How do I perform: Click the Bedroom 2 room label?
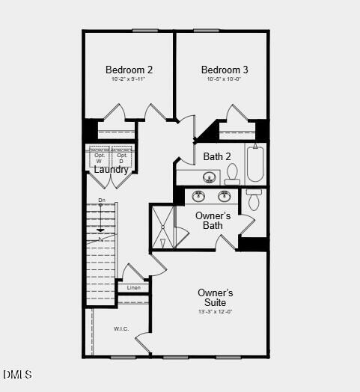(x=129, y=70)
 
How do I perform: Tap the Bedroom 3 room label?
(x=225, y=70)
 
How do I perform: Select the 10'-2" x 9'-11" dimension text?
(x=129, y=79)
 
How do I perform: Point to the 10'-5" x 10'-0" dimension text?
(x=225, y=79)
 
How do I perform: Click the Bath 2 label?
(x=217, y=156)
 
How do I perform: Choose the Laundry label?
(x=111, y=170)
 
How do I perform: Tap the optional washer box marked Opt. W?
(x=100, y=157)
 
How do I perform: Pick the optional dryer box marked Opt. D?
(x=122, y=157)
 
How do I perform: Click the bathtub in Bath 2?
(x=255, y=163)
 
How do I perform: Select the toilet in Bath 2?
(x=232, y=175)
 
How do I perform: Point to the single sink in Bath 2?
(x=210, y=178)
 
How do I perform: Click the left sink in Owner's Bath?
(x=199, y=197)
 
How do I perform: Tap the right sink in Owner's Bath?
(x=225, y=197)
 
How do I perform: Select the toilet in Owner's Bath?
(x=254, y=200)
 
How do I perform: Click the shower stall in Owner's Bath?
(x=162, y=227)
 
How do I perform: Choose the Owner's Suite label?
(x=216, y=297)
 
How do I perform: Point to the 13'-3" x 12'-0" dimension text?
(x=216, y=311)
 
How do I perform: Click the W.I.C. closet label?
(x=122, y=328)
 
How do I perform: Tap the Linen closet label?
(x=133, y=288)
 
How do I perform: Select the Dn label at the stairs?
(x=102, y=200)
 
